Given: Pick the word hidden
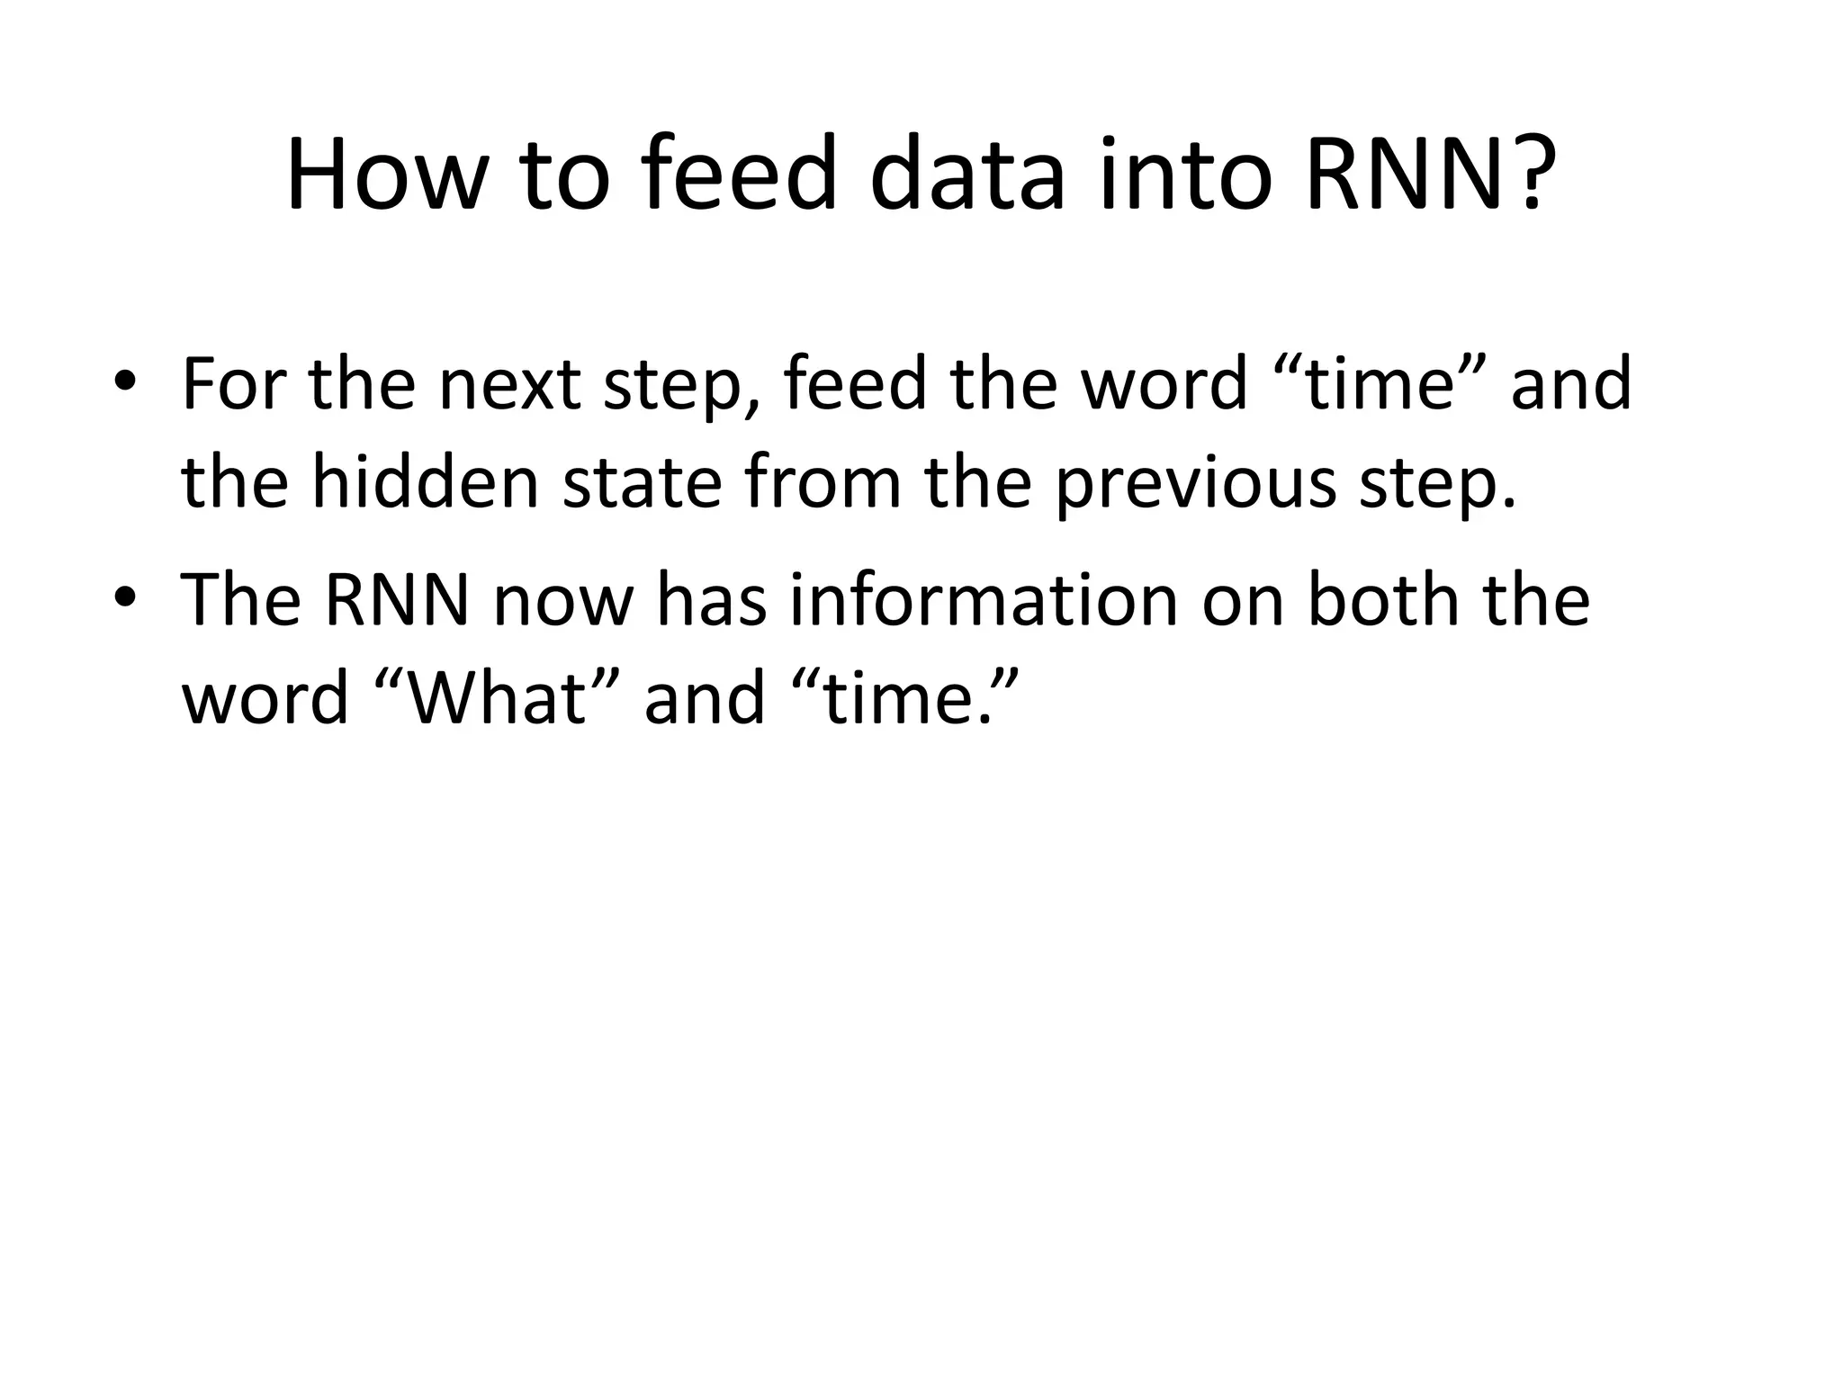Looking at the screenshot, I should (x=425, y=482).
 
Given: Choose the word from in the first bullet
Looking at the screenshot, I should (x=823, y=482).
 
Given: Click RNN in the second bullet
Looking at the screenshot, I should (x=397, y=600).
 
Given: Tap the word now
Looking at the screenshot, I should (x=564, y=600).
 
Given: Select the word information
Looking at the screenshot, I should (x=984, y=600).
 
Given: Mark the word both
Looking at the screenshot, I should (x=1381, y=600).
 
